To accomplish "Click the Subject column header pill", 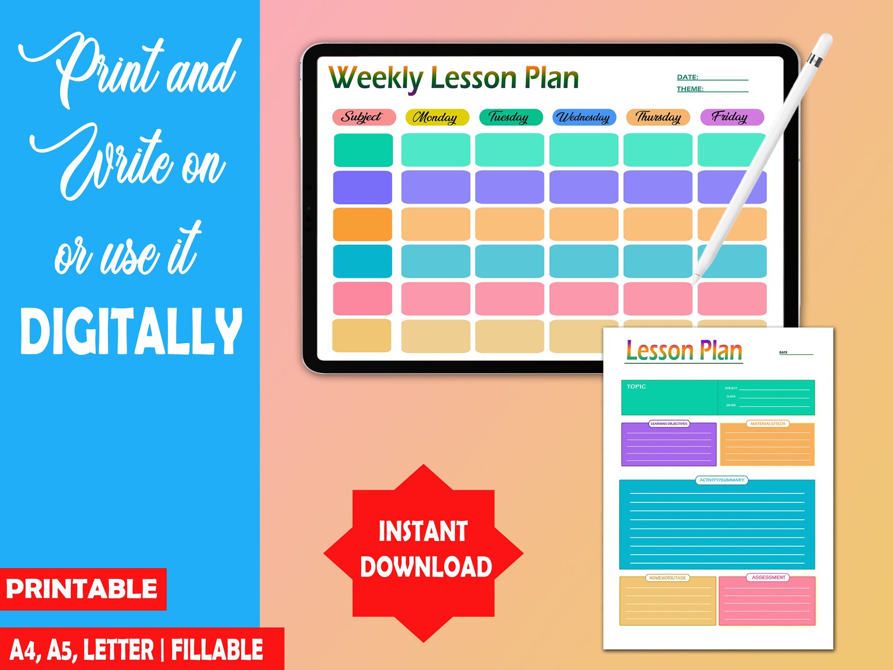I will pos(363,117).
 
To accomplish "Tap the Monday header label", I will pos(436,117).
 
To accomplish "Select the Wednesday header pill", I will pos(584,117).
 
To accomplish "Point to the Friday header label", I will pos(730,117).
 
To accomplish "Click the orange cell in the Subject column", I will pos(363,224).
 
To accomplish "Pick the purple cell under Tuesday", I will pos(509,187).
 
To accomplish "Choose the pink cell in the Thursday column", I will pos(657,299).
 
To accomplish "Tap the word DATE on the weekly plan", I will pos(687,77).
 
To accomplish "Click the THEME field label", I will pos(690,89).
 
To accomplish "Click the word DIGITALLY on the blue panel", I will pos(131,332).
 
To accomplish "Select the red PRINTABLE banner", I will pos(83,589).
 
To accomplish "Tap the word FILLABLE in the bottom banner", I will pos(217,650).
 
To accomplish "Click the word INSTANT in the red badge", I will pos(423,532).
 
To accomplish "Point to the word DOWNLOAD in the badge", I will pos(426,567).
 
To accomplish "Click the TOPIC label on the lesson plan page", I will pos(636,386).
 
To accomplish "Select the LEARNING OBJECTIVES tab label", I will pos(669,424).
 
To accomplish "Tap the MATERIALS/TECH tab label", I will pos(768,424).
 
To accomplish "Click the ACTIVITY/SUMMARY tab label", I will pos(721,480).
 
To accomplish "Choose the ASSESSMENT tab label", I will pos(768,577).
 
